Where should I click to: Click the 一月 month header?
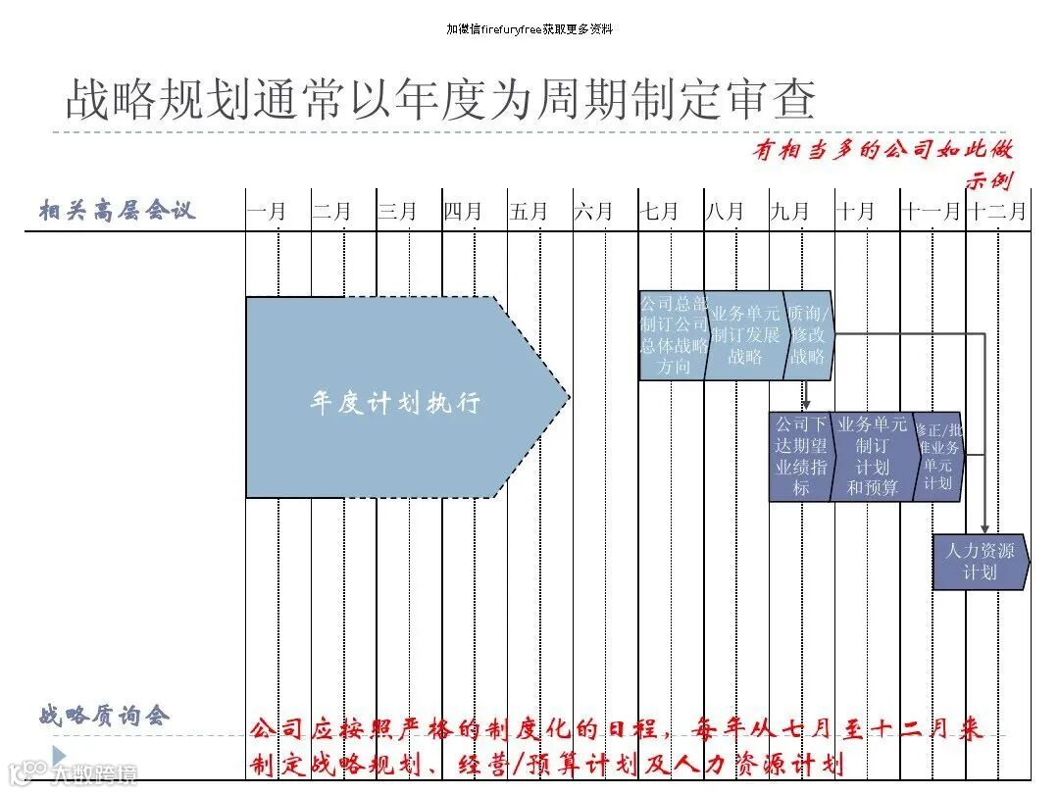coord(266,211)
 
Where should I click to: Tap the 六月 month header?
coord(593,211)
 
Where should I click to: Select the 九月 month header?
coord(790,211)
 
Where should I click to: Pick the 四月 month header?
coord(463,211)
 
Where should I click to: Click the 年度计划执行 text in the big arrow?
coord(395,403)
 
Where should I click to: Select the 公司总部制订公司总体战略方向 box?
coord(674,335)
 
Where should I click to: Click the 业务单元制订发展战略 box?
coord(745,335)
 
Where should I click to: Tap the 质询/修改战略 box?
coord(809,335)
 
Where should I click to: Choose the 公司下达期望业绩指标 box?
coord(801,456)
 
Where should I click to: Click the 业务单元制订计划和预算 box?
coord(872,456)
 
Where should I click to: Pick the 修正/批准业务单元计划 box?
coord(937,456)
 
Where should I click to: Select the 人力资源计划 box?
coord(980,562)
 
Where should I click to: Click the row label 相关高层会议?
coord(118,210)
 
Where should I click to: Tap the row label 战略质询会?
coord(105,715)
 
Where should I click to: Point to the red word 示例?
coord(988,180)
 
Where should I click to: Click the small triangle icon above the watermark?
coord(59,754)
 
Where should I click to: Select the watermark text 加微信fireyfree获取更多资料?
coord(529,29)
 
